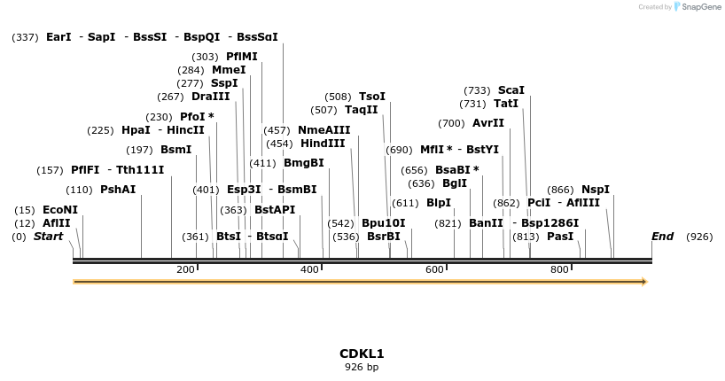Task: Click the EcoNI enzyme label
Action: point(60,210)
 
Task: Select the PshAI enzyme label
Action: point(118,189)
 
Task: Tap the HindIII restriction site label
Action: point(323,143)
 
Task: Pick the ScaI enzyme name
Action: point(511,89)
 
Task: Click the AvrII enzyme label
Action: point(488,123)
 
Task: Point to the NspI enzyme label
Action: point(596,189)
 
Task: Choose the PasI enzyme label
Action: point(560,237)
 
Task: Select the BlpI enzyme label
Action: point(439,202)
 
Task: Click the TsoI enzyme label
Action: point(372,97)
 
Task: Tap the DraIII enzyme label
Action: point(210,97)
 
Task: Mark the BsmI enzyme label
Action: point(175,150)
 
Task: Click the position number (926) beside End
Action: point(699,237)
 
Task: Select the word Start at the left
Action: point(49,237)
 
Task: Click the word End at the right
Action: point(663,237)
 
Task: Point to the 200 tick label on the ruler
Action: point(185,269)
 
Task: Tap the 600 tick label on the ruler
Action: point(434,269)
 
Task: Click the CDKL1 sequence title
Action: point(362,354)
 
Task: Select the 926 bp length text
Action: point(362,367)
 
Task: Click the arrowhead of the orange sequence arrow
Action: point(644,282)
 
